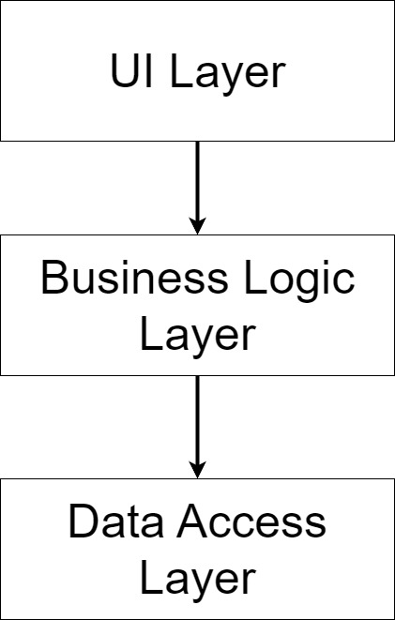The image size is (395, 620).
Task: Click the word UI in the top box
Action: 131,70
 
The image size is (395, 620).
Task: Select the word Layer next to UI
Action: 227,75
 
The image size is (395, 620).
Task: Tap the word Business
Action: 134,279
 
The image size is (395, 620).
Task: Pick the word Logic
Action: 299,282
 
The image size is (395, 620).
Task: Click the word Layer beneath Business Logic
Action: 197,339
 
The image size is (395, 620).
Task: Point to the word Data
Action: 115,522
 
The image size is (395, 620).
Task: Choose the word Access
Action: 251,522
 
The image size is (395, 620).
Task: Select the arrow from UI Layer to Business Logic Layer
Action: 197,188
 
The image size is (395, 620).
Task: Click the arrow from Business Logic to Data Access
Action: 197,427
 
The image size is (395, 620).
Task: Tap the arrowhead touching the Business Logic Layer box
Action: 197,227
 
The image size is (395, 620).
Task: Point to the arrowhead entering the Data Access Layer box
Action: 197,471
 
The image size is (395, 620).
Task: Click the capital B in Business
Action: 55,279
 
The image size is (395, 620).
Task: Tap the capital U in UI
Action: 126,70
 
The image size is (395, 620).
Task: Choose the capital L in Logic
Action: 255,279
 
